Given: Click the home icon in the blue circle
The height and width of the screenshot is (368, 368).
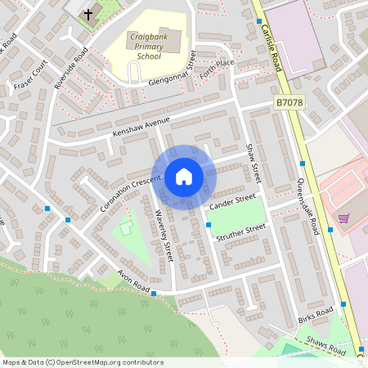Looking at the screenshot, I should coord(183,176).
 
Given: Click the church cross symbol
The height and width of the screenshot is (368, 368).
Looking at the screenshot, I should coord(88,14).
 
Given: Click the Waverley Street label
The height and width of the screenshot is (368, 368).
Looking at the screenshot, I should coord(164,236).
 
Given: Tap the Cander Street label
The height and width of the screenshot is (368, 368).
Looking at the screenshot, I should coord(232,202).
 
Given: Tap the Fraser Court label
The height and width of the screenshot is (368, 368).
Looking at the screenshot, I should coord(30,74).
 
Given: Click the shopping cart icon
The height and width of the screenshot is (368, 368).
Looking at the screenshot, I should coord(343,218).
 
